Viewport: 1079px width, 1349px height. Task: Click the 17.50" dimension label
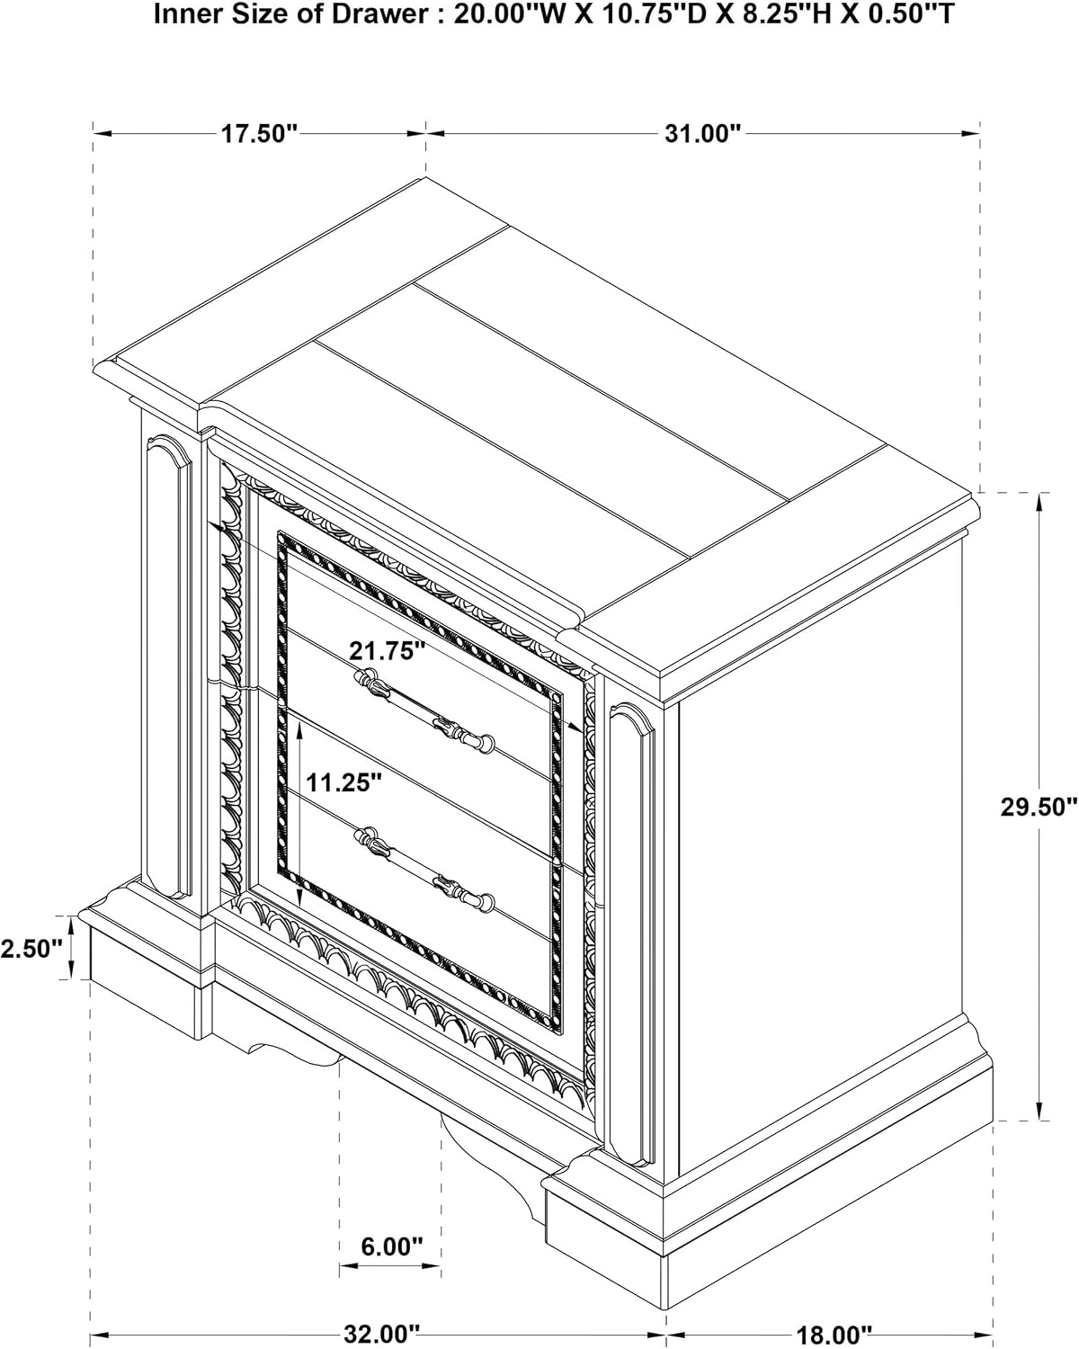[x=259, y=133]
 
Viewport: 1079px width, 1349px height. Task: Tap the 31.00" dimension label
[x=703, y=133]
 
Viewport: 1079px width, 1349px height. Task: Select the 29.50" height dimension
[x=1039, y=808]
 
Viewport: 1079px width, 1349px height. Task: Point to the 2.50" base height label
[x=31, y=949]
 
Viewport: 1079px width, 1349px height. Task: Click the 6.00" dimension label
[x=392, y=1246]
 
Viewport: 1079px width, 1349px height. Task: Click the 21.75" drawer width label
[x=388, y=651]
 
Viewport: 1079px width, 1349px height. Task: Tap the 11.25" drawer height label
[x=343, y=782]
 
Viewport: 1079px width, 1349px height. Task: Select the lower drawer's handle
[x=424, y=868]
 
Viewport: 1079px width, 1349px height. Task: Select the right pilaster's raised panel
[x=632, y=933]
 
